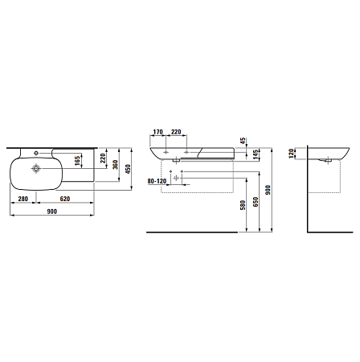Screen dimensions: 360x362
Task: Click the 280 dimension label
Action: click(23, 199)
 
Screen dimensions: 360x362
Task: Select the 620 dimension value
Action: click(65, 199)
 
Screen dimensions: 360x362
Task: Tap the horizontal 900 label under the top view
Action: click(52, 212)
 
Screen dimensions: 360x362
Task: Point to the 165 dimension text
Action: click(78, 161)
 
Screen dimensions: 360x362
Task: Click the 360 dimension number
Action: click(115, 165)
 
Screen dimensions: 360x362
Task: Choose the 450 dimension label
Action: click(128, 169)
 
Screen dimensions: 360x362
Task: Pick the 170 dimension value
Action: click(157, 132)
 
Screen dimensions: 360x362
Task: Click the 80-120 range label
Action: click(157, 181)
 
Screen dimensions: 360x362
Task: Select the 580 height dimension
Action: click(243, 205)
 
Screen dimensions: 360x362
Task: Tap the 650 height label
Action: click(256, 202)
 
